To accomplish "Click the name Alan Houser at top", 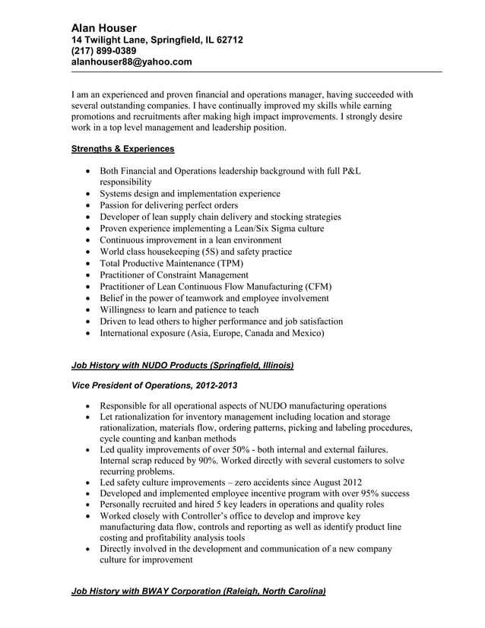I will pyautogui.click(x=104, y=27).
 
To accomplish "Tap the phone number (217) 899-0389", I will pyautogui.click(x=104, y=51).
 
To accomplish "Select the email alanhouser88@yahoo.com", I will pyautogui.click(x=132, y=62).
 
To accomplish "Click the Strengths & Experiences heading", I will pyautogui.click(x=122, y=149).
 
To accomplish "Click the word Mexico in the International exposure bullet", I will pyautogui.click(x=307, y=333).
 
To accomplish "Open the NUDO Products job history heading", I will pyautogui.click(x=182, y=366).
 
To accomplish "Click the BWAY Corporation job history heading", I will pyautogui.click(x=198, y=591).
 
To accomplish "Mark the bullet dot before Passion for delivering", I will pyautogui.click(x=92, y=206).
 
